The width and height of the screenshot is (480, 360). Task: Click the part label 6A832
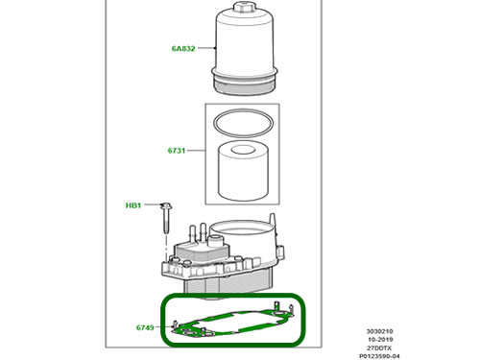pos(183,49)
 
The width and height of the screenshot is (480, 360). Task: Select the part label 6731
pos(177,151)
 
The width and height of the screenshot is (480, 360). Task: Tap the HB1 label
pos(133,205)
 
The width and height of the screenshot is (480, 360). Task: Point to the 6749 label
pos(145,327)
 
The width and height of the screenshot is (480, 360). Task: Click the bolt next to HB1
pos(166,218)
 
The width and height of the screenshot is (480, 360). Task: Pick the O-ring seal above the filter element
pos(244,124)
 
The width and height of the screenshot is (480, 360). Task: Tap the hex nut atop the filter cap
pos(243,6)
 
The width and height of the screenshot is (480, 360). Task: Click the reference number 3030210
pos(379,331)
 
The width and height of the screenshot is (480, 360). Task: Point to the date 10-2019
pos(380,340)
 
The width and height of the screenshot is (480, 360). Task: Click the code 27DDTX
pos(379,348)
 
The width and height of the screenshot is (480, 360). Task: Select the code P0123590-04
pos(379,356)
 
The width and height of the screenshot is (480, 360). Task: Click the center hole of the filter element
pos(244,150)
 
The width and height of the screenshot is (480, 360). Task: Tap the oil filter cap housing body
pos(244,41)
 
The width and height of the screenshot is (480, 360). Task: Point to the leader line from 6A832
pos(206,48)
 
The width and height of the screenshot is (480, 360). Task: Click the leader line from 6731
pos(196,151)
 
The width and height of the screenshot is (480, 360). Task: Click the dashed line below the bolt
pos(166,248)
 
